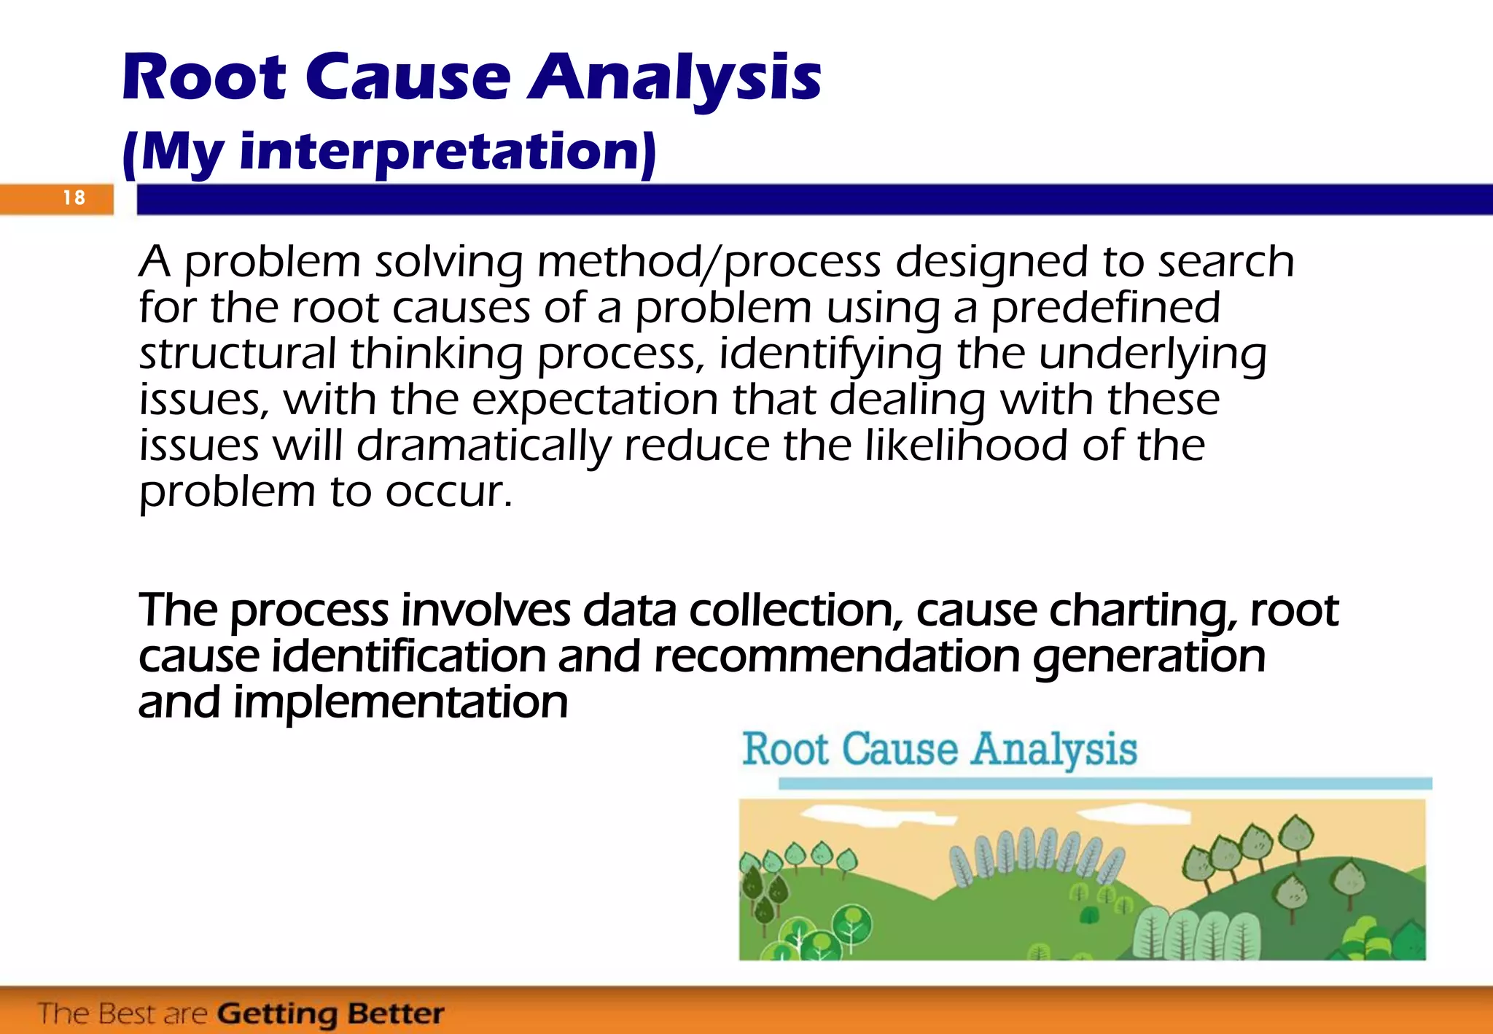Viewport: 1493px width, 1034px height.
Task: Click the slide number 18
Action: (74, 198)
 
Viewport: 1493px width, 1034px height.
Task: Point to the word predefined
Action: (1105, 308)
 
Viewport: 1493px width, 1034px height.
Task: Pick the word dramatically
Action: (483, 446)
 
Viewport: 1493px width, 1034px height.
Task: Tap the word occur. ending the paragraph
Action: (448, 492)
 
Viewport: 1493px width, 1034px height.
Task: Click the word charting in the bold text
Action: (1142, 610)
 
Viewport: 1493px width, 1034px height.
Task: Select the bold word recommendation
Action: (836, 656)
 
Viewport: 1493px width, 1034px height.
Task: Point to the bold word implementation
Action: (400, 702)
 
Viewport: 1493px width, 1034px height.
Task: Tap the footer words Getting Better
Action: (330, 1014)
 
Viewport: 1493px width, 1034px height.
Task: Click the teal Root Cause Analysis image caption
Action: (939, 750)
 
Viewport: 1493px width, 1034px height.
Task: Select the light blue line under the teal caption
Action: (1104, 784)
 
